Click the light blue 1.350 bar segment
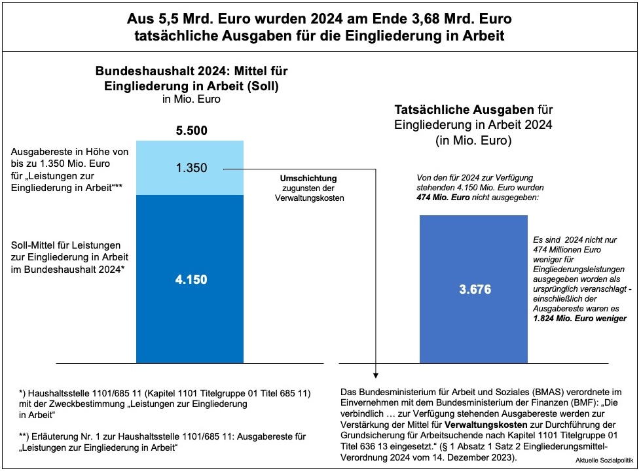click(191, 167)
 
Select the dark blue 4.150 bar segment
click(191, 279)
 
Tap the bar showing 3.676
click(475, 289)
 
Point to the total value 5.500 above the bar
click(191, 131)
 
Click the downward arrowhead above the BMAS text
click(376, 375)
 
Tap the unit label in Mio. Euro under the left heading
click(191, 100)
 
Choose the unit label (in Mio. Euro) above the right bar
click(472, 140)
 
